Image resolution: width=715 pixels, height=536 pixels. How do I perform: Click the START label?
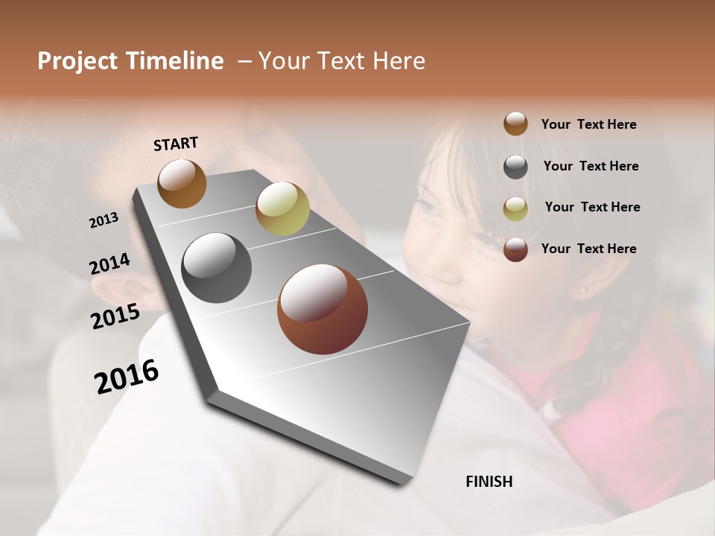coord(176,144)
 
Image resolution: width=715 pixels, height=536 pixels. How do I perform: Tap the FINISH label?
coord(489,482)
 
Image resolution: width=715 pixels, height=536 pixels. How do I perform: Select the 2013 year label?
coord(104,220)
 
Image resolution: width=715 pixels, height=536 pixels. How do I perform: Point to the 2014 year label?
coord(109,264)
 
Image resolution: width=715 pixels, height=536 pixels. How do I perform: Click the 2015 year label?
coord(115,316)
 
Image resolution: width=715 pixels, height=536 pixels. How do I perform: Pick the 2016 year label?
coord(127,377)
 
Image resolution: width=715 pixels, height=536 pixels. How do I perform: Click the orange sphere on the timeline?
coord(182,183)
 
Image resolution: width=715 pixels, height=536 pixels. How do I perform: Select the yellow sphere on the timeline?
coord(282,208)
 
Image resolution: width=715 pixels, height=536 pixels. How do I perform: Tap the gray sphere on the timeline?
coord(216,268)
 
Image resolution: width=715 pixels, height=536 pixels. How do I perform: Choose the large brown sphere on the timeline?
coord(322,309)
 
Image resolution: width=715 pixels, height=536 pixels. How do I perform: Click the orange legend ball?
coord(515,124)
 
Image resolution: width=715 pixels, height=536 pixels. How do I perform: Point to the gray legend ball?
coord(515,167)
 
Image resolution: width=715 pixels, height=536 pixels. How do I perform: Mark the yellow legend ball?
coord(515,208)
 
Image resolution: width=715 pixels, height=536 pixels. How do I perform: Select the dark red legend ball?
coord(515,249)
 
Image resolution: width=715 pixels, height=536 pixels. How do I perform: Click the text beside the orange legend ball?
coord(588,124)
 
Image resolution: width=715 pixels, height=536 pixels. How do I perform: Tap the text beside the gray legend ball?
coord(591,166)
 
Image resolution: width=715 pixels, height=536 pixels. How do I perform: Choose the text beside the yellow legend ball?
coord(592,207)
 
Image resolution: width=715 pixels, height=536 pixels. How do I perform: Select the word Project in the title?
coord(77,61)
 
